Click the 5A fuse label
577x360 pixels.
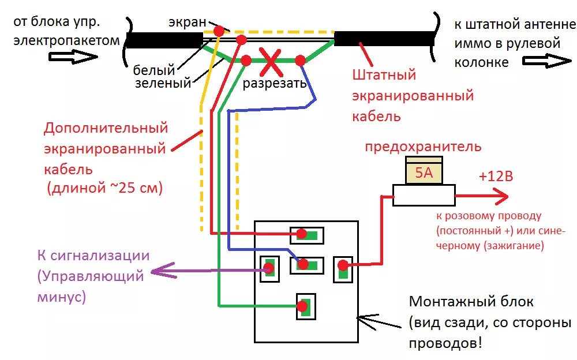pos(424,172)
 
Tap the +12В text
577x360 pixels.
pos(495,177)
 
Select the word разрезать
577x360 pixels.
pos(274,84)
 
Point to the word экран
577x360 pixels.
pos(187,22)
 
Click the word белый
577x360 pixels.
pos(153,71)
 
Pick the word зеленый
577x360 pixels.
pos(163,84)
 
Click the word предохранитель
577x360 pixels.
pos(422,147)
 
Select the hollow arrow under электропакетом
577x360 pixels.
pos(73,57)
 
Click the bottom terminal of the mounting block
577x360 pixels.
pos(304,306)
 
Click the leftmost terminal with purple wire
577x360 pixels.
pos(269,268)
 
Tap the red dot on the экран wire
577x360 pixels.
pos(219,31)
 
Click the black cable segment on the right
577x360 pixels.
pos(384,39)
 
